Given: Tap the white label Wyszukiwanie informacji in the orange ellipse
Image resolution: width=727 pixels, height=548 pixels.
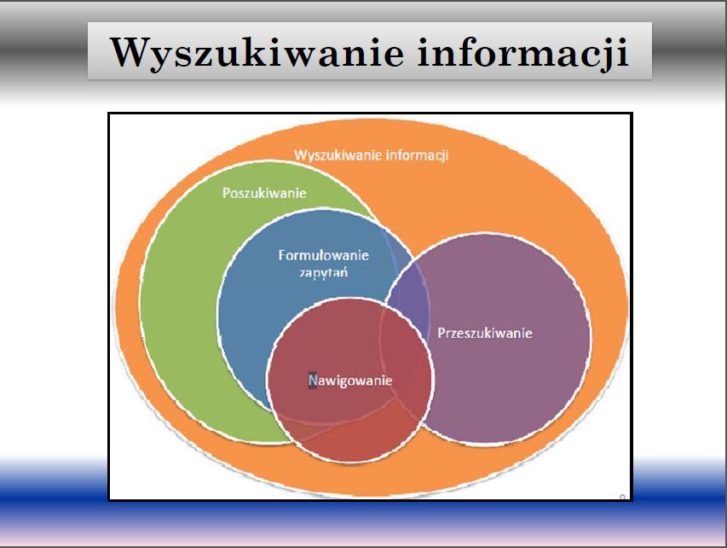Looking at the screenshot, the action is (x=372, y=155).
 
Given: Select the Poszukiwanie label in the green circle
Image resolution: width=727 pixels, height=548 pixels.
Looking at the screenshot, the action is (x=264, y=193).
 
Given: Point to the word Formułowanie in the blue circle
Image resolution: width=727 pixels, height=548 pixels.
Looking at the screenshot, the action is (x=324, y=255).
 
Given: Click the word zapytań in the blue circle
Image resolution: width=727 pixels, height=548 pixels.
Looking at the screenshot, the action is (x=323, y=272).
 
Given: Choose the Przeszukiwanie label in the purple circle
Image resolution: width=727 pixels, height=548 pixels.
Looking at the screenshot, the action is (x=485, y=333).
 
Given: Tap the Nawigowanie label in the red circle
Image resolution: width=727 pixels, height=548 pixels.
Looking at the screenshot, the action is (x=350, y=381).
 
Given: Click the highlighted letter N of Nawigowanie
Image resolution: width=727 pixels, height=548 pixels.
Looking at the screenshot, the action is (x=313, y=381).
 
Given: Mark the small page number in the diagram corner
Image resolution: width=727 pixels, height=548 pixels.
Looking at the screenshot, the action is (x=622, y=498).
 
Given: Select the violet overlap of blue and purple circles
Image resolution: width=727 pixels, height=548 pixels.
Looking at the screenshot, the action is (x=409, y=297).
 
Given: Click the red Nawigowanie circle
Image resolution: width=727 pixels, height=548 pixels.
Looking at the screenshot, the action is (x=350, y=380).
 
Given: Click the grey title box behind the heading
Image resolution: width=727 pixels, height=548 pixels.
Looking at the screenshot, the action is (x=370, y=50).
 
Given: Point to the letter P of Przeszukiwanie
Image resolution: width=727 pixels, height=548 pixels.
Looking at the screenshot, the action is (x=441, y=333).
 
